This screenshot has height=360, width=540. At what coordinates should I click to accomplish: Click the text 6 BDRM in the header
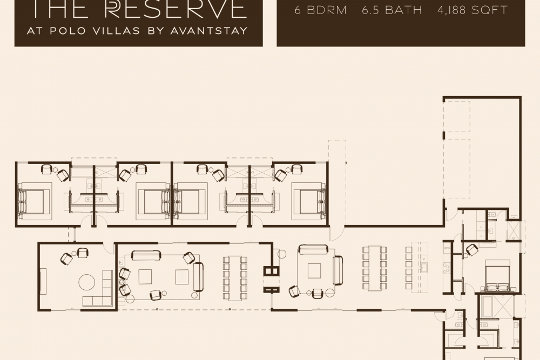[x=320, y=10]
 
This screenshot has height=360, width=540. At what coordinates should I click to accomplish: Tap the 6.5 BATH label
[x=392, y=10]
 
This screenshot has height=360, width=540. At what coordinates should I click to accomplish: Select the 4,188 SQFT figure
[x=473, y=10]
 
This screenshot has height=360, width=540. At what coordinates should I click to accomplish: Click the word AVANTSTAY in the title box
[x=209, y=31]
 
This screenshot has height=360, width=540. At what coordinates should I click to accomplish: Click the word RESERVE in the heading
[x=175, y=9]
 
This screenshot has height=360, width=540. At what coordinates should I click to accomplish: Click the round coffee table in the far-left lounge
[x=87, y=282]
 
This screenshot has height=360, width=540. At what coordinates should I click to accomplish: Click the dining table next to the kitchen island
[x=375, y=268]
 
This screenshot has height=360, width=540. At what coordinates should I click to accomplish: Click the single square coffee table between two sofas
[x=314, y=270]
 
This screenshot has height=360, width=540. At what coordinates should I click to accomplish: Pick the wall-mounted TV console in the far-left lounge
[x=43, y=282]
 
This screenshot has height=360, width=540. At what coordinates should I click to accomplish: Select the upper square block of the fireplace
[x=271, y=271]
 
